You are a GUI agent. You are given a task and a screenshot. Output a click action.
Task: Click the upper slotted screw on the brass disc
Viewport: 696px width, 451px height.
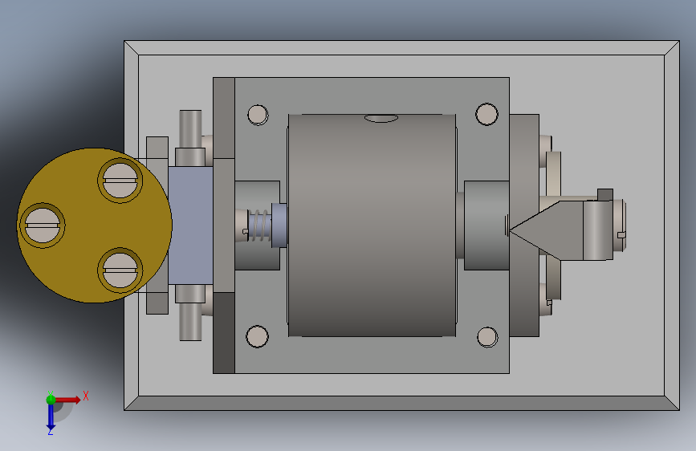120,181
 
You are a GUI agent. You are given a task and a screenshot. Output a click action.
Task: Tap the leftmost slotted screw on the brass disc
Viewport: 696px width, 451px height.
43,225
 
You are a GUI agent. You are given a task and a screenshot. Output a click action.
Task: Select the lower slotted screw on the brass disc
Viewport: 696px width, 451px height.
120,270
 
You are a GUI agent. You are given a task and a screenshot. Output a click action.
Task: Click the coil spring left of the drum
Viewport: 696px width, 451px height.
259,225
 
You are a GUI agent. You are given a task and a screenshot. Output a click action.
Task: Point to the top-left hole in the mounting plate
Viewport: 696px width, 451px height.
258,115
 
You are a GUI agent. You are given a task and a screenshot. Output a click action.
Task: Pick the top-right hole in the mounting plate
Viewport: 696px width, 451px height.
486,114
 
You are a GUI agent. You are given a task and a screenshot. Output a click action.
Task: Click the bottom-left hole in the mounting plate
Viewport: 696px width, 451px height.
258,336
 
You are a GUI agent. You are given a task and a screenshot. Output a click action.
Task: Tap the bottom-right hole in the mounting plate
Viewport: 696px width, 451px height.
487,337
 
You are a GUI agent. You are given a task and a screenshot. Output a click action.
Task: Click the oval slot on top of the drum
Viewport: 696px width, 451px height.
381,118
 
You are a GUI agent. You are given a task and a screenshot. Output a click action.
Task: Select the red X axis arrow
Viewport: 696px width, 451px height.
67,400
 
